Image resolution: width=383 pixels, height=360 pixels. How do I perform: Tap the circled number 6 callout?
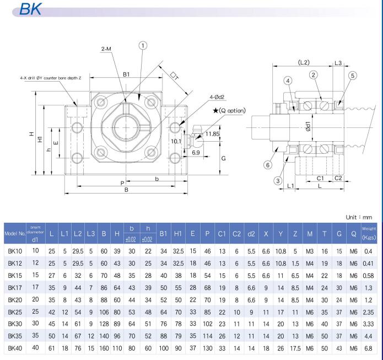click(x=268, y=165)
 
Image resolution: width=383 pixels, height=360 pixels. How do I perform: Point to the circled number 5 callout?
click(x=353, y=76)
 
